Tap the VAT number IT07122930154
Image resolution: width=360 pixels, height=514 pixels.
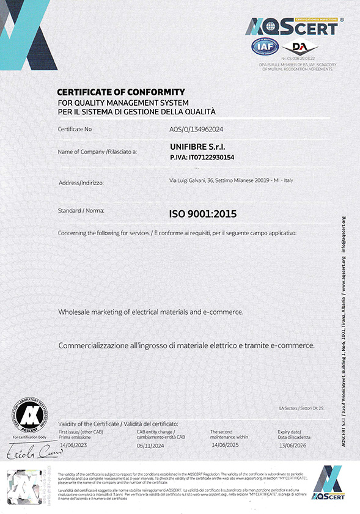[202, 158]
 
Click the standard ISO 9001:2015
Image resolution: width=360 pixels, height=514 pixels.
[202, 214]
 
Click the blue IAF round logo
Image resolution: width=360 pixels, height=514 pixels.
[264, 46]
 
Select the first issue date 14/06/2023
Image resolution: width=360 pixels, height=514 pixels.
[72, 445]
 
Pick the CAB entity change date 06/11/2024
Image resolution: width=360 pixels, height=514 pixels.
[150, 446]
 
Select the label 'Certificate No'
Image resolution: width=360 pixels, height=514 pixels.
[75, 129]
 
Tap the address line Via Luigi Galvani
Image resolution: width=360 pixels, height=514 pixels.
[231, 180]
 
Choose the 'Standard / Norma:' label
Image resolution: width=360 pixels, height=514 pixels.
[81, 210]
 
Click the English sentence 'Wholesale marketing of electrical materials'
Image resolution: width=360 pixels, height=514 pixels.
[150, 312]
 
